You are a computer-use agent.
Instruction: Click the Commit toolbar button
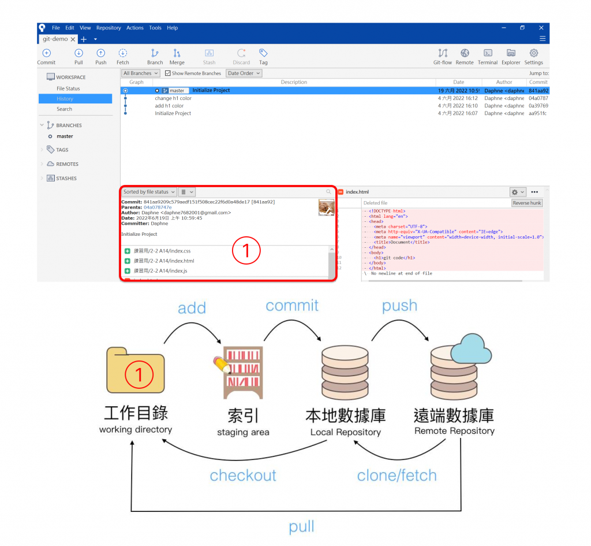pyautogui.click(x=46, y=56)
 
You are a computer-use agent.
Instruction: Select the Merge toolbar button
pyautogui.click(x=177, y=56)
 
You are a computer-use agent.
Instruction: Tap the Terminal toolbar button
pyautogui.click(x=488, y=56)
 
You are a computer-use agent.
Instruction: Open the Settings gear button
pyautogui.click(x=533, y=56)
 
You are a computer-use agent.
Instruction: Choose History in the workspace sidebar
pyautogui.click(x=65, y=99)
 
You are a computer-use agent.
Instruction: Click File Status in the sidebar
pyautogui.click(x=68, y=88)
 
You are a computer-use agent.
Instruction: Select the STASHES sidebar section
pyautogui.click(x=66, y=179)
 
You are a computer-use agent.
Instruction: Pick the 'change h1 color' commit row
pyautogui.click(x=173, y=98)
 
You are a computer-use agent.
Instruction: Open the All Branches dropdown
pyautogui.click(x=140, y=73)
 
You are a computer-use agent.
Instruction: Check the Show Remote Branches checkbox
pyautogui.click(x=168, y=73)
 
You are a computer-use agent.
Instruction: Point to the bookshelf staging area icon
pyautogui.click(x=242, y=373)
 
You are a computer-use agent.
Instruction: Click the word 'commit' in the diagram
pyautogui.click(x=292, y=305)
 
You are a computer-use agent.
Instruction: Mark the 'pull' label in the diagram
pyautogui.click(x=302, y=526)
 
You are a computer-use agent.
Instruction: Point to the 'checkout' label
pyautogui.click(x=243, y=476)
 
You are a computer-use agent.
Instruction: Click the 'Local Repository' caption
pyautogui.click(x=345, y=432)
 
